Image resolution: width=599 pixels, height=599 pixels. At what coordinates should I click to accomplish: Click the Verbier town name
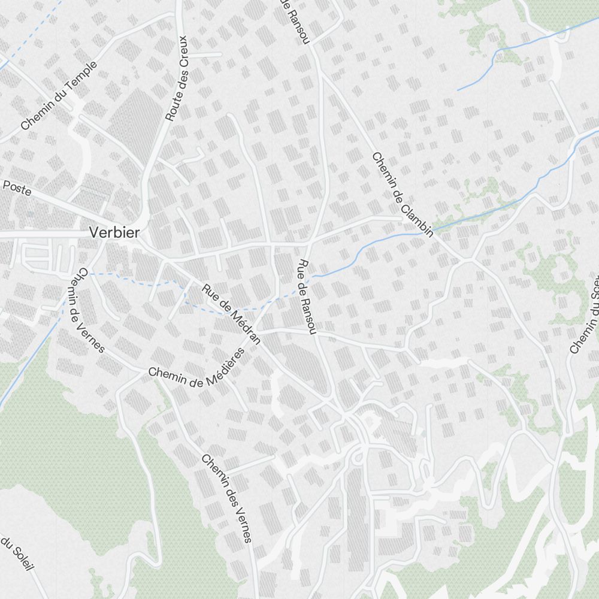(x=114, y=232)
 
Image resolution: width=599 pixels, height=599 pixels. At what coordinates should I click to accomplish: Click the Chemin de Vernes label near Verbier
(x=91, y=310)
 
